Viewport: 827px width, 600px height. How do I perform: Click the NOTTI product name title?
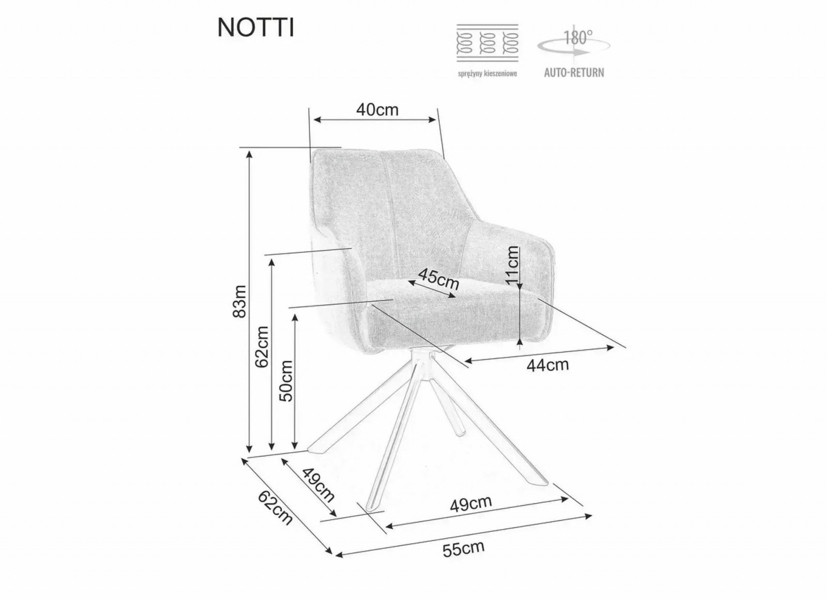pos(256,28)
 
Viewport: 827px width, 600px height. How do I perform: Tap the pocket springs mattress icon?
pos(487,43)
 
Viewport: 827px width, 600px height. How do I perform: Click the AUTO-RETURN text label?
pos(574,72)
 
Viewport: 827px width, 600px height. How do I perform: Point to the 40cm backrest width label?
pos(377,110)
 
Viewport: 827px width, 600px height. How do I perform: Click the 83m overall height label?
pos(239,301)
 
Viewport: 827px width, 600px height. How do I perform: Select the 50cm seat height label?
pos(286,381)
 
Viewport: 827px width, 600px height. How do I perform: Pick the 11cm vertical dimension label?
pos(512,265)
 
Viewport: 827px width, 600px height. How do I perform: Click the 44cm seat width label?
pos(547,365)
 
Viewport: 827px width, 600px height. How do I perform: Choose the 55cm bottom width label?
pos(463,559)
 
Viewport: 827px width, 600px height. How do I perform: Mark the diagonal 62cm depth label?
pos(275,507)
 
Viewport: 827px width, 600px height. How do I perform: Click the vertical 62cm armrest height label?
pos(263,347)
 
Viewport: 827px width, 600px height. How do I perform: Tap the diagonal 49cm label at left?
pos(318,485)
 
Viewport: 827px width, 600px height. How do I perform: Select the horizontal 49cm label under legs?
pos(471,504)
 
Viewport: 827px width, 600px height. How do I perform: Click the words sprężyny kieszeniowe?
pos(487,73)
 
